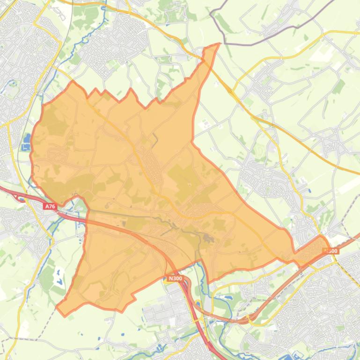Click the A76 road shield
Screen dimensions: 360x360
pos(50,206)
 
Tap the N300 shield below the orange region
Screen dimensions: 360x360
pos(175,279)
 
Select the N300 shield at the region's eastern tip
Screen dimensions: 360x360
pos(331,251)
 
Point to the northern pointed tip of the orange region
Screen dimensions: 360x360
pos(218,45)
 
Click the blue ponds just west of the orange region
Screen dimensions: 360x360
pos(26,140)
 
